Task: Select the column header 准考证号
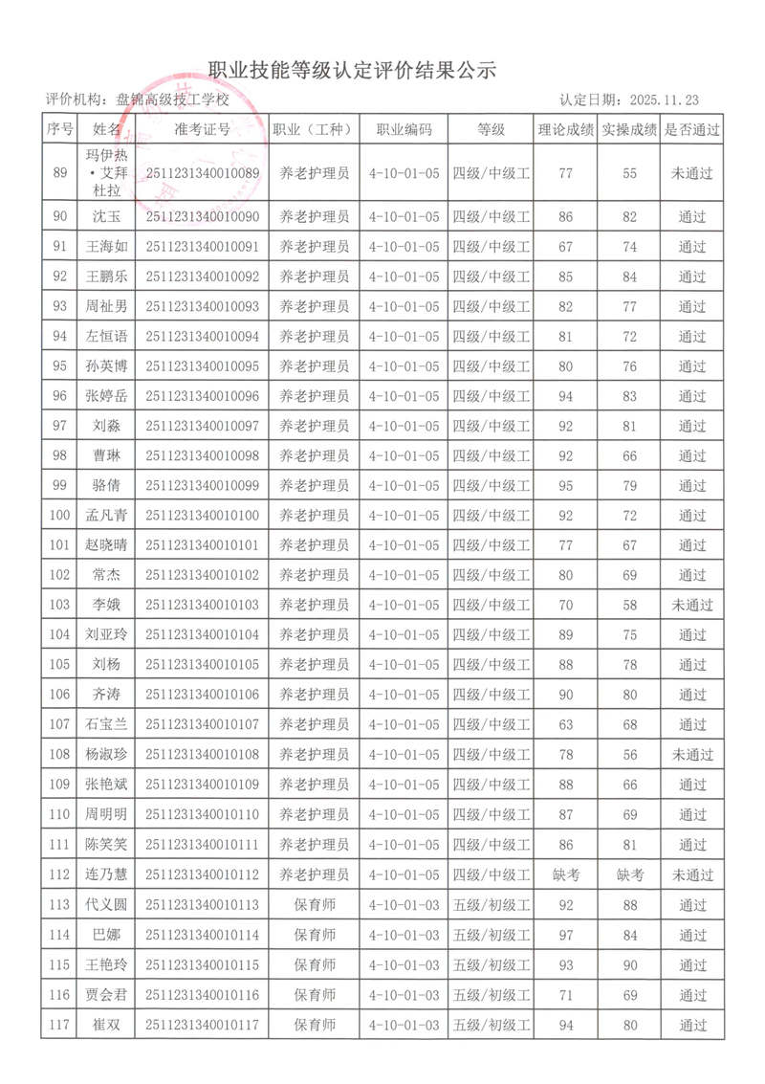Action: (x=202, y=130)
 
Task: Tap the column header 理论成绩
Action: (x=565, y=130)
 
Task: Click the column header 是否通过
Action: (x=692, y=130)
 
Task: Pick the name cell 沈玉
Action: (x=106, y=217)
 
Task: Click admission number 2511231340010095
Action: (x=202, y=366)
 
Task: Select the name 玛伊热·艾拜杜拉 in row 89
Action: (x=106, y=173)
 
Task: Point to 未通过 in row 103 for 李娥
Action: (x=692, y=606)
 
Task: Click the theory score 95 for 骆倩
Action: (x=565, y=486)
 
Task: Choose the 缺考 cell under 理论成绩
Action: (x=565, y=874)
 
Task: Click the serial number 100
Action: (x=59, y=516)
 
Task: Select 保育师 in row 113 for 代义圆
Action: (x=314, y=904)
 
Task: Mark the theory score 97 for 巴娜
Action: (x=565, y=935)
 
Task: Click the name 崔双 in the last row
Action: (x=106, y=1025)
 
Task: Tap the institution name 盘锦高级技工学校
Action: (x=173, y=100)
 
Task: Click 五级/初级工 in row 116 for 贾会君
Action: (x=491, y=995)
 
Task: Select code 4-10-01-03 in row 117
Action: (x=403, y=1025)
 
